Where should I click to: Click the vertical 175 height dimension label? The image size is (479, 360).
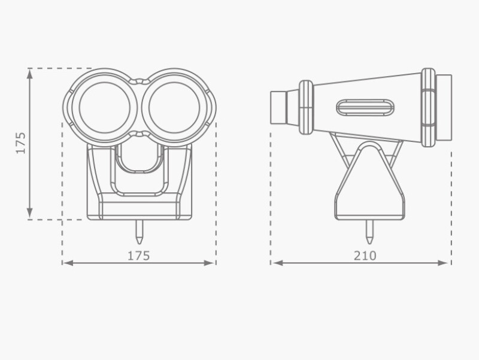click(21, 143)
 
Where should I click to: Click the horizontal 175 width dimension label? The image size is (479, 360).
click(139, 256)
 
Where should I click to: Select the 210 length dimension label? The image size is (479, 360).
click(365, 256)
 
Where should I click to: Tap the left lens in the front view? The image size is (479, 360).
click(104, 108)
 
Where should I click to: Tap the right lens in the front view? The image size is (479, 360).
click(174, 108)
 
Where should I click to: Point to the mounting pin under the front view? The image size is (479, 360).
click(140, 232)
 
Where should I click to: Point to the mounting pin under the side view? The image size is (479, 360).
click(369, 232)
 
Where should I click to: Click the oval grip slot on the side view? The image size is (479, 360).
click(365, 108)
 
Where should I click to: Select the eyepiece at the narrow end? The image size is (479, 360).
click(278, 108)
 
